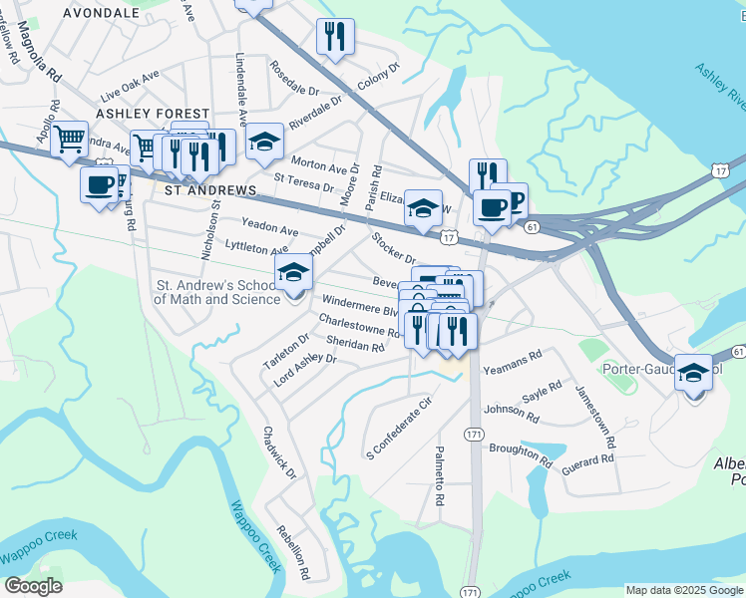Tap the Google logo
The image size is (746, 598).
coord(34,586)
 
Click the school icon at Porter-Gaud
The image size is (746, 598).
coord(693,374)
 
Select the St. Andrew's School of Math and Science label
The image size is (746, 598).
coord(216,292)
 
